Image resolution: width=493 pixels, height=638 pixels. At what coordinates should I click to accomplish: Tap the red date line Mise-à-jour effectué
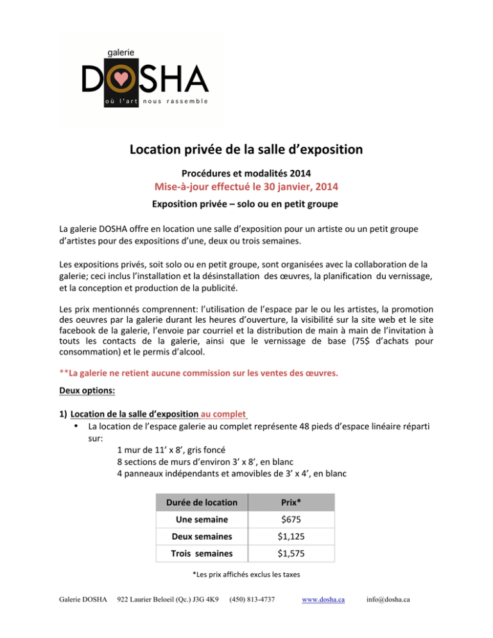click(246, 187)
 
